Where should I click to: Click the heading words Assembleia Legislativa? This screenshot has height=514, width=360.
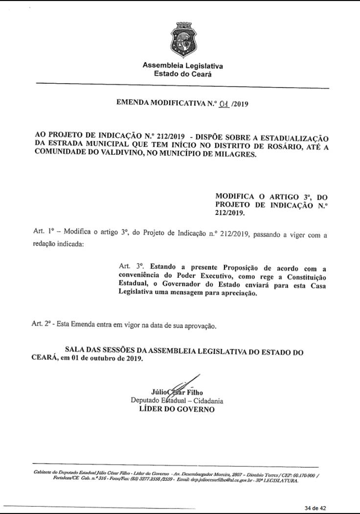pyautogui.click(x=182, y=66)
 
